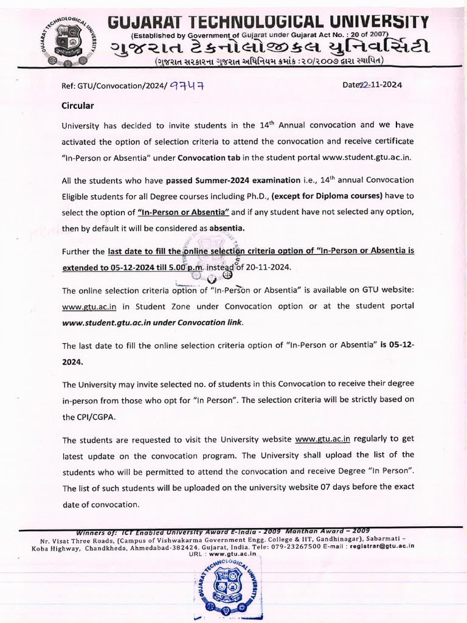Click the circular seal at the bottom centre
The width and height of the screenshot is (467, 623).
(x=227, y=586)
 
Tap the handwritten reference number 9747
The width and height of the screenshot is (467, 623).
(x=187, y=86)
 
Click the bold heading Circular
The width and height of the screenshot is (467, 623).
(x=78, y=105)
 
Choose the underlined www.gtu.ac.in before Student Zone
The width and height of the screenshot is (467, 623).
(x=85, y=306)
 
